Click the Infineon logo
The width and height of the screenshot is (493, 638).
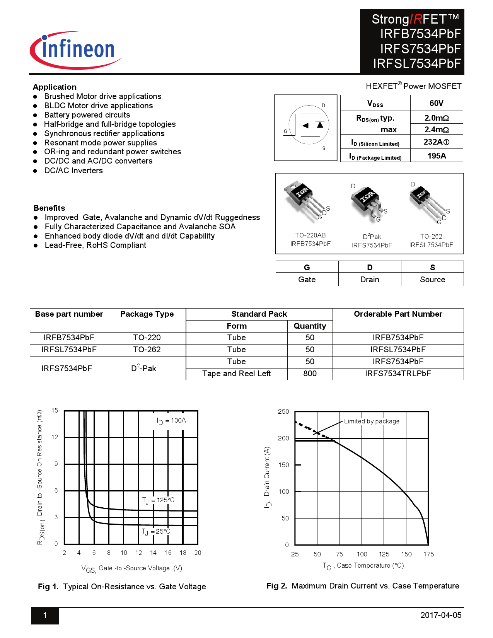(x=76, y=50)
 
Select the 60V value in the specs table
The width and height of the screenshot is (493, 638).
(x=436, y=103)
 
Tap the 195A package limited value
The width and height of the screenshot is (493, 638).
(x=437, y=156)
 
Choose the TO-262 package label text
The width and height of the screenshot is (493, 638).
(x=431, y=236)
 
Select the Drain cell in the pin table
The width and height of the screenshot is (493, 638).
(x=370, y=280)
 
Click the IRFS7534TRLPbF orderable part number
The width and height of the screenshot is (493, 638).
(x=398, y=374)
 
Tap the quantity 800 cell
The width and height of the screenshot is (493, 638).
(x=310, y=374)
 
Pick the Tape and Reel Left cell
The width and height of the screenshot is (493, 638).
(x=236, y=374)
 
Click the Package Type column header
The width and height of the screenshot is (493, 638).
(x=147, y=314)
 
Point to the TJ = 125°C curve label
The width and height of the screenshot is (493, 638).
(x=158, y=500)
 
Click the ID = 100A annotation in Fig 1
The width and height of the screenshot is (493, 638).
(x=171, y=421)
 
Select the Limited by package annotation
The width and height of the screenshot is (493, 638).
(x=372, y=421)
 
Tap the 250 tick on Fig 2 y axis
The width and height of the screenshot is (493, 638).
(x=283, y=412)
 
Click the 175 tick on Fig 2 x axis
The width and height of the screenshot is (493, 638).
(x=428, y=554)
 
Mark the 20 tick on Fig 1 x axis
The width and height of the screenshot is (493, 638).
(x=198, y=553)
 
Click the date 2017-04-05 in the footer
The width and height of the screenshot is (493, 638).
(x=441, y=615)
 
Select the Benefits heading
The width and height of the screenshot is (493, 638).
(x=49, y=208)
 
